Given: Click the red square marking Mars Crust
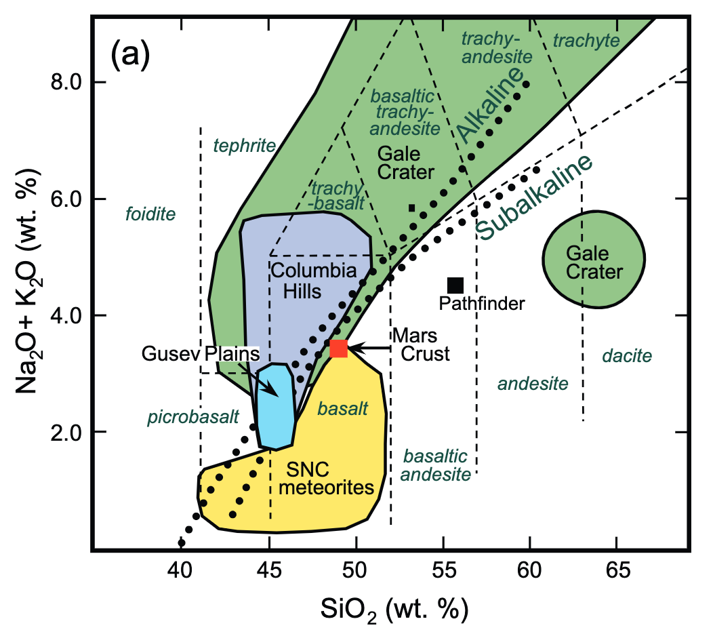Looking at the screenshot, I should pos(338,349).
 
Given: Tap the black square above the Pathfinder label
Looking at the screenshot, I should pos(455,285).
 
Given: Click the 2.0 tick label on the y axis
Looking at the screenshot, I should pos(66,432).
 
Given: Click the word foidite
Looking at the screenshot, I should pos(150,215).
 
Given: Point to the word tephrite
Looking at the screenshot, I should pos(245,145).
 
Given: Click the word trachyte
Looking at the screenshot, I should pos(586,41).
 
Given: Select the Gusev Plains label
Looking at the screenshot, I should pos(201,354).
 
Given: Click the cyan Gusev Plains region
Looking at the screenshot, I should pos(275,407).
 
